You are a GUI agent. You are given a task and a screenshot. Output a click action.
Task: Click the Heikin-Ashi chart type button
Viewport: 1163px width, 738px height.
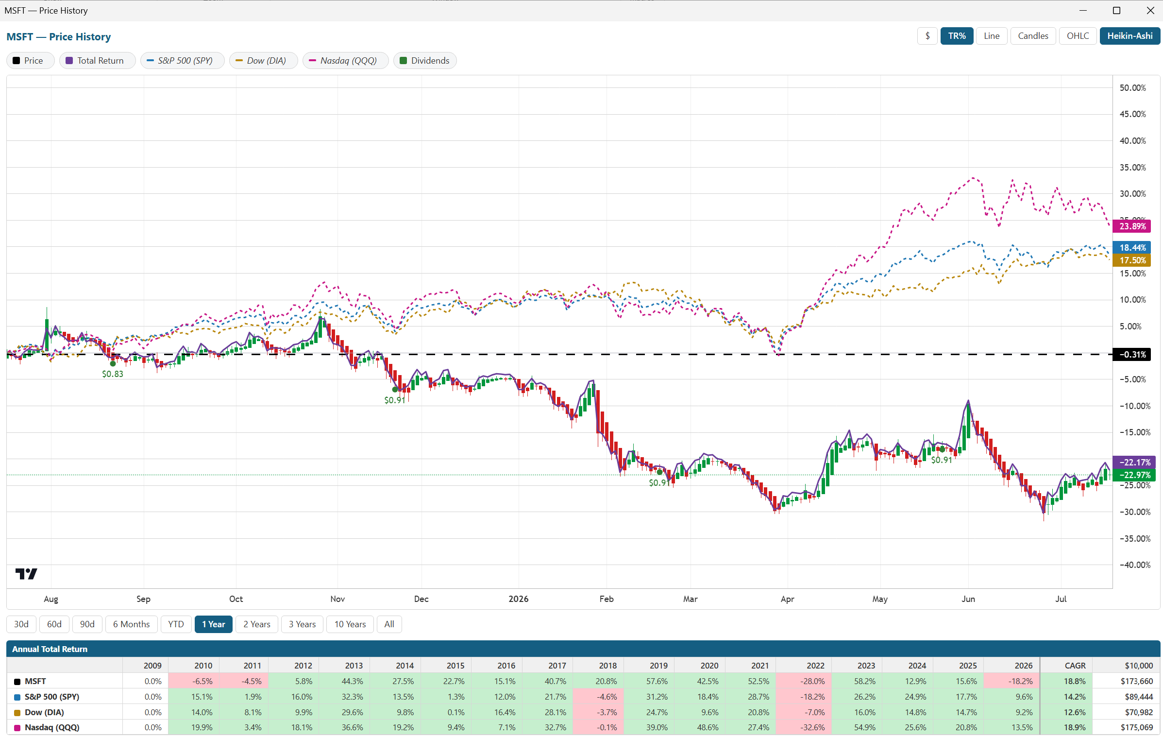coord(1129,36)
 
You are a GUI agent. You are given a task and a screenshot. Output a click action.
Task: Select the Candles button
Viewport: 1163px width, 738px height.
coord(1033,36)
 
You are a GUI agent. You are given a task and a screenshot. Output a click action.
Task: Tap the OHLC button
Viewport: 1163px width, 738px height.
coord(1078,36)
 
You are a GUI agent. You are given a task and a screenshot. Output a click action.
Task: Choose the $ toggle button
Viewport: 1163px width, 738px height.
coord(927,36)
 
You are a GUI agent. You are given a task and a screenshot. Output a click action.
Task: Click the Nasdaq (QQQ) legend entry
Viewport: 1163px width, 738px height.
coord(345,61)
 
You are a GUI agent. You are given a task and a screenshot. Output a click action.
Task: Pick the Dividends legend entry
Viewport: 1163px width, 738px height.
coord(425,61)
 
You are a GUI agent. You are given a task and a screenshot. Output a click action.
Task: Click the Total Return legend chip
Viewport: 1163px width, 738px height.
coord(97,61)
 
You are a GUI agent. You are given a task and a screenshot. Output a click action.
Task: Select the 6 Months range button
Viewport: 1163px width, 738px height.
coord(132,624)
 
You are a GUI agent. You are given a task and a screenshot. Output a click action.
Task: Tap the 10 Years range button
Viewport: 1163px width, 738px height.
coord(350,624)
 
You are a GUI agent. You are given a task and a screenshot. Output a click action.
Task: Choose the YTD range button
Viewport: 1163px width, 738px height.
coord(176,624)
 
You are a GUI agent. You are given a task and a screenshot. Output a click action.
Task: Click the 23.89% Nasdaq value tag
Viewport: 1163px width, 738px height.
coord(1133,226)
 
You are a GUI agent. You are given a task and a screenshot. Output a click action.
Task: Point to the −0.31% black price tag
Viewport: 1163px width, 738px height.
coord(1132,355)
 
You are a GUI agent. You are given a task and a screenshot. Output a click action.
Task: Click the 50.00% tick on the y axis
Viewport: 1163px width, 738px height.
coord(1133,88)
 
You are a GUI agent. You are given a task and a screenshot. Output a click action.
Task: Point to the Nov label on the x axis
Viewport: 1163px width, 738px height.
coord(337,599)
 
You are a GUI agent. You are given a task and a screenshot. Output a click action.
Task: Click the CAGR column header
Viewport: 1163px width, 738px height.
coord(1075,666)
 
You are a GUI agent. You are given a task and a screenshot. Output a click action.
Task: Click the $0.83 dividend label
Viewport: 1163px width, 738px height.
coord(113,374)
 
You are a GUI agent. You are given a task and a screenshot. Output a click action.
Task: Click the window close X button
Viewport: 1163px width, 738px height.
coord(1150,11)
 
